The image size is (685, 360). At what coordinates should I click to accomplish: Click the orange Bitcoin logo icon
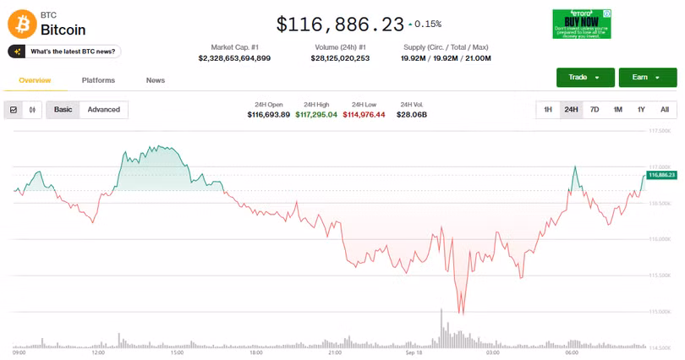coord(22,23)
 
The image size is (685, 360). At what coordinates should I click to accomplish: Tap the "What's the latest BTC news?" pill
coord(64,52)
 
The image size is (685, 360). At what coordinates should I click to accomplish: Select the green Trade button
coord(585,78)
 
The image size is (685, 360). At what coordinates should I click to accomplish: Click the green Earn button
coord(647,78)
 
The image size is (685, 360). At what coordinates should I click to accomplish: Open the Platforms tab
coord(98,80)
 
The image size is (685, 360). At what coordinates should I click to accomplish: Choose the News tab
coord(156,80)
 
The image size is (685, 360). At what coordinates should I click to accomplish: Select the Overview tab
coord(35,80)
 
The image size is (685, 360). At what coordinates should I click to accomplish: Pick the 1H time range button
coord(548,110)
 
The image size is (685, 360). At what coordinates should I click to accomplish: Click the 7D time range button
coord(595,110)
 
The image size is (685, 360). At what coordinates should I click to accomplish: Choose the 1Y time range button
coord(641,110)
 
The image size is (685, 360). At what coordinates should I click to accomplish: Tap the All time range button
coord(665,110)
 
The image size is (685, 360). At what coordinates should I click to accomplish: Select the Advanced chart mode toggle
coord(104,110)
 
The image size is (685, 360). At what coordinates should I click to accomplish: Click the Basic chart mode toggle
coord(63,110)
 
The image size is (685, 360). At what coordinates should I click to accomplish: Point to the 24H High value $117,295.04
coord(316,114)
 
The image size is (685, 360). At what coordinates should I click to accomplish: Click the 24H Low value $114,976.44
coord(364,114)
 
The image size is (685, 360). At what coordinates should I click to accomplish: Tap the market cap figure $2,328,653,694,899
coord(234,58)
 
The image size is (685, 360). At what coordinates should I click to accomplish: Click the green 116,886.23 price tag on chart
coord(661,174)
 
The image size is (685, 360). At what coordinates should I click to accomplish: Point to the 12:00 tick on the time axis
coord(98,352)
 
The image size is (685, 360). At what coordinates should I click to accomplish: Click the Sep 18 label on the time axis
coord(414,352)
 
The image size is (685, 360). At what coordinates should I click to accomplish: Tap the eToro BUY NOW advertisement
coord(582,24)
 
